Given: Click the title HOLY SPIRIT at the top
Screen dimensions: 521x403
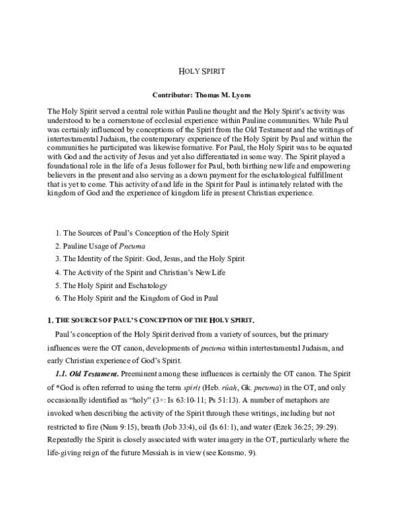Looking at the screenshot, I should click(201, 70).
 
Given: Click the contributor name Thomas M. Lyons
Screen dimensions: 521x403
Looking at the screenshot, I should click(224, 95).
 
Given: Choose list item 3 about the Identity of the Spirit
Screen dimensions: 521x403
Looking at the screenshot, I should click(149, 258).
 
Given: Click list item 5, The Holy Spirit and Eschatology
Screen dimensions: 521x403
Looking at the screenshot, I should click(120, 285).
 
